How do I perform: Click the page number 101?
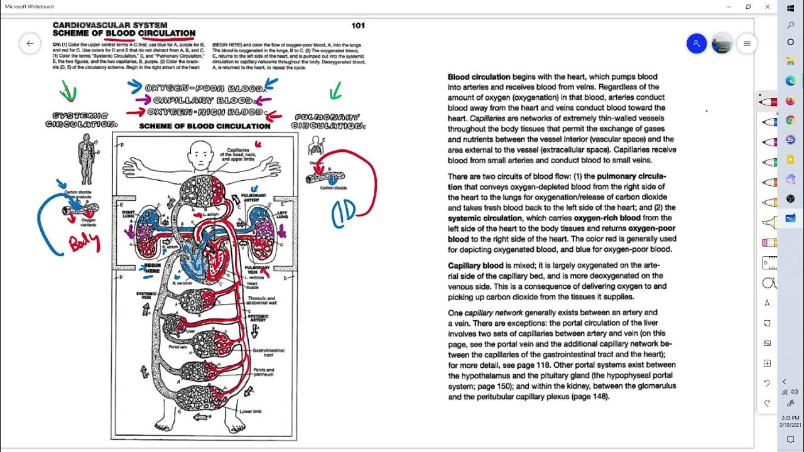pyautogui.click(x=358, y=26)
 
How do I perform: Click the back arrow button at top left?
pyautogui.click(x=30, y=43)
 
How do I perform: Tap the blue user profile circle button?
pyautogui.click(x=697, y=43)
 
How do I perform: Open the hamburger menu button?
pyautogui.click(x=747, y=43)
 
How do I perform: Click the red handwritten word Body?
pyautogui.click(x=84, y=242)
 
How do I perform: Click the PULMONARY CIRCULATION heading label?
pyautogui.click(x=328, y=121)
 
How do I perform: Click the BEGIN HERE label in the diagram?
pyautogui.click(x=152, y=268)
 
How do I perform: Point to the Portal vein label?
pyautogui.click(x=179, y=347)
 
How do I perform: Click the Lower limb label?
pyautogui.click(x=250, y=412)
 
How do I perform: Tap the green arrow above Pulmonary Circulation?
pyautogui.click(x=335, y=93)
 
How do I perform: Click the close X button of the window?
pyautogui.click(x=768, y=6)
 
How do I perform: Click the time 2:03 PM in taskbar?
pyautogui.click(x=790, y=417)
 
